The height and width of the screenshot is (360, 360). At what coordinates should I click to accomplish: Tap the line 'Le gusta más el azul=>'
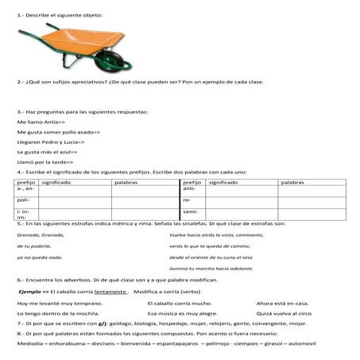[x=45, y=150]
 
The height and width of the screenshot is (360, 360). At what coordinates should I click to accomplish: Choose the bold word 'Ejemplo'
[x=29, y=292]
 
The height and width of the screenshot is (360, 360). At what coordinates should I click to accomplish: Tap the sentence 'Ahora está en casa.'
[x=282, y=303]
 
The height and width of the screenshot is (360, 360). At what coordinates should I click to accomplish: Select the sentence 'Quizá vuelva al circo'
[x=284, y=314]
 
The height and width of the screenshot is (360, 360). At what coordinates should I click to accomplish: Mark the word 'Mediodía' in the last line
[x=30, y=344]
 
